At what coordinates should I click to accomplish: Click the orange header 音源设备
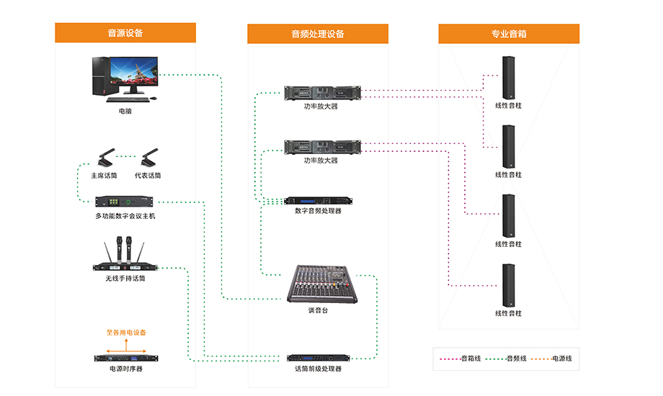coord(125,33)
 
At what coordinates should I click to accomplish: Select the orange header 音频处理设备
coord(318,34)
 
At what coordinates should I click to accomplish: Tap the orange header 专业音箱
coord(509,34)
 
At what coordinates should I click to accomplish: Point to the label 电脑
coord(125,112)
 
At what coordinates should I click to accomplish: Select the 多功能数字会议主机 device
coord(125,202)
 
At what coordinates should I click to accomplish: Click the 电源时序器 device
coord(125,357)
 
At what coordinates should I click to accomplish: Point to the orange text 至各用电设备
coord(126,333)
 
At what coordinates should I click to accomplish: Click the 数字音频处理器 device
coord(318,201)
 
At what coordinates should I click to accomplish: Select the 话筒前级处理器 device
coord(318,357)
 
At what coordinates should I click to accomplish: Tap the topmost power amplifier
coord(321,93)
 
